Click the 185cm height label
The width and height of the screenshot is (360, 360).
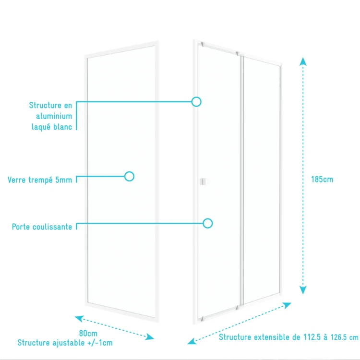(x=322, y=180)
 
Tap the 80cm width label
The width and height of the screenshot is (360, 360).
(x=88, y=334)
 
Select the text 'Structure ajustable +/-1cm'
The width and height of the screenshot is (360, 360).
(x=65, y=343)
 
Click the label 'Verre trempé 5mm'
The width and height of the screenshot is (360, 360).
(x=40, y=180)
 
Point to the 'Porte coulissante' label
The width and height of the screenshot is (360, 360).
(x=42, y=227)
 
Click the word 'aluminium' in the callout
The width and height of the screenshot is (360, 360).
(x=54, y=116)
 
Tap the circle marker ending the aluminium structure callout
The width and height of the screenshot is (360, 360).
(x=196, y=102)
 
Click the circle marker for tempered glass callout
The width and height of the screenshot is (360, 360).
(x=129, y=176)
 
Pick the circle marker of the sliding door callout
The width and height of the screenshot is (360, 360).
(x=208, y=223)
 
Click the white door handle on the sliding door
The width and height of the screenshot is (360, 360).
(x=204, y=181)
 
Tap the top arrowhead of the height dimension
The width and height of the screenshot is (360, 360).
(x=302, y=60)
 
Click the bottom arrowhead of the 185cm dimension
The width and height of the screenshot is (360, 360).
(x=302, y=289)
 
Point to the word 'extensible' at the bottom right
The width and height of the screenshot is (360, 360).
(x=271, y=337)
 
